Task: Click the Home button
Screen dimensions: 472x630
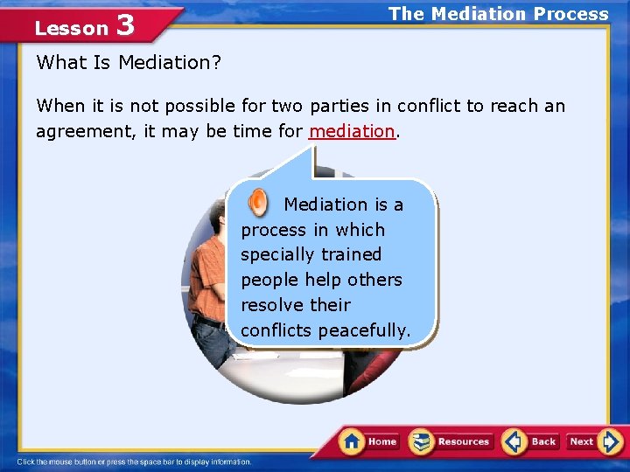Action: click(x=369, y=441)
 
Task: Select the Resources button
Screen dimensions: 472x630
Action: click(x=451, y=441)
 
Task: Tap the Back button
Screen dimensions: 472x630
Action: click(x=531, y=441)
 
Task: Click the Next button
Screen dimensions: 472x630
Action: click(x=593, y=441)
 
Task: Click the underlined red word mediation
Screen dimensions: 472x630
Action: click(x=353, y=132)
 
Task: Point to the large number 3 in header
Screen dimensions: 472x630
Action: click(x=124, y=25)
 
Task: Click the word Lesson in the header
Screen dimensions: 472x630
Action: click(x=71, y=28)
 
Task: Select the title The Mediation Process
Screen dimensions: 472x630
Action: click(x=498, y=14)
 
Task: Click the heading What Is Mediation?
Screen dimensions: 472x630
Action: click(x=128, y=63)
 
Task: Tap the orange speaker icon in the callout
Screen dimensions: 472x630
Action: click(x=258, y=203)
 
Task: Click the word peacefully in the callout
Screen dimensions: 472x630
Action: click(x=364, y=330)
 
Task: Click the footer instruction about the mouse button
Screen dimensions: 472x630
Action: click(x=134, y=462)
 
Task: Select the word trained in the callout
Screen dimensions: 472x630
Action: click(x=351, y=254)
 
